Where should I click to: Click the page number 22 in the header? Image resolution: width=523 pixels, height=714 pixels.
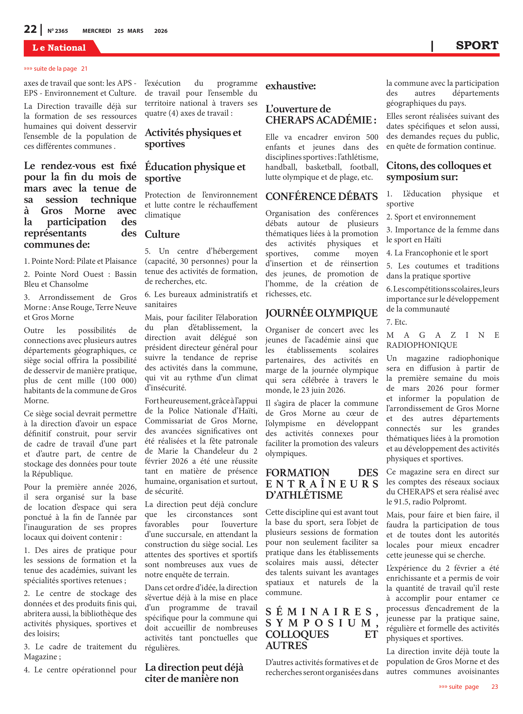[30, 29]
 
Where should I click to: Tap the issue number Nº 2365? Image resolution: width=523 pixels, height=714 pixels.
[58, 31]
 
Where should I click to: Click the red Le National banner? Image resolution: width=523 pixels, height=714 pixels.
[59, 48]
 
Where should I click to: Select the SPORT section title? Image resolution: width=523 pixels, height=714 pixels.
[477, 46]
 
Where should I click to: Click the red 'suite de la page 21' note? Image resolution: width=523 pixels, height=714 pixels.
[56, 69]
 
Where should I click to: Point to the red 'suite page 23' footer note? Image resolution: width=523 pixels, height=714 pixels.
[468, 686]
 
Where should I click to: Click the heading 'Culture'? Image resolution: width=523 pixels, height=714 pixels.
[162, 234]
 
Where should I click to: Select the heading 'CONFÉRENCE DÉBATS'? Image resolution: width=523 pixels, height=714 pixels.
[321, 197]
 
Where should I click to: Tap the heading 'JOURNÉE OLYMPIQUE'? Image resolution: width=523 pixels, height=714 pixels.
[321, 313]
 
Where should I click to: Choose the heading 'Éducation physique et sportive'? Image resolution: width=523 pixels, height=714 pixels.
[195, 172]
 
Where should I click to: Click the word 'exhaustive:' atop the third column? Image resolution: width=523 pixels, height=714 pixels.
[290, 86]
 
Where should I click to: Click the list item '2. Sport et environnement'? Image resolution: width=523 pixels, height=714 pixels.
[431, 217]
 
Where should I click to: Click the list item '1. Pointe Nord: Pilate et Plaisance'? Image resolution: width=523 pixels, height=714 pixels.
[80, 261]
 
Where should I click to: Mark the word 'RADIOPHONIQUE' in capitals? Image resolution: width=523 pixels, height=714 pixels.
[422, 345]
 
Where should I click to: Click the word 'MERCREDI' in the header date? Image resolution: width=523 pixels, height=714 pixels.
[97, 31]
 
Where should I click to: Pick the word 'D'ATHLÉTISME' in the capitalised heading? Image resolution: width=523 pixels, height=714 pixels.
[304, 495]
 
